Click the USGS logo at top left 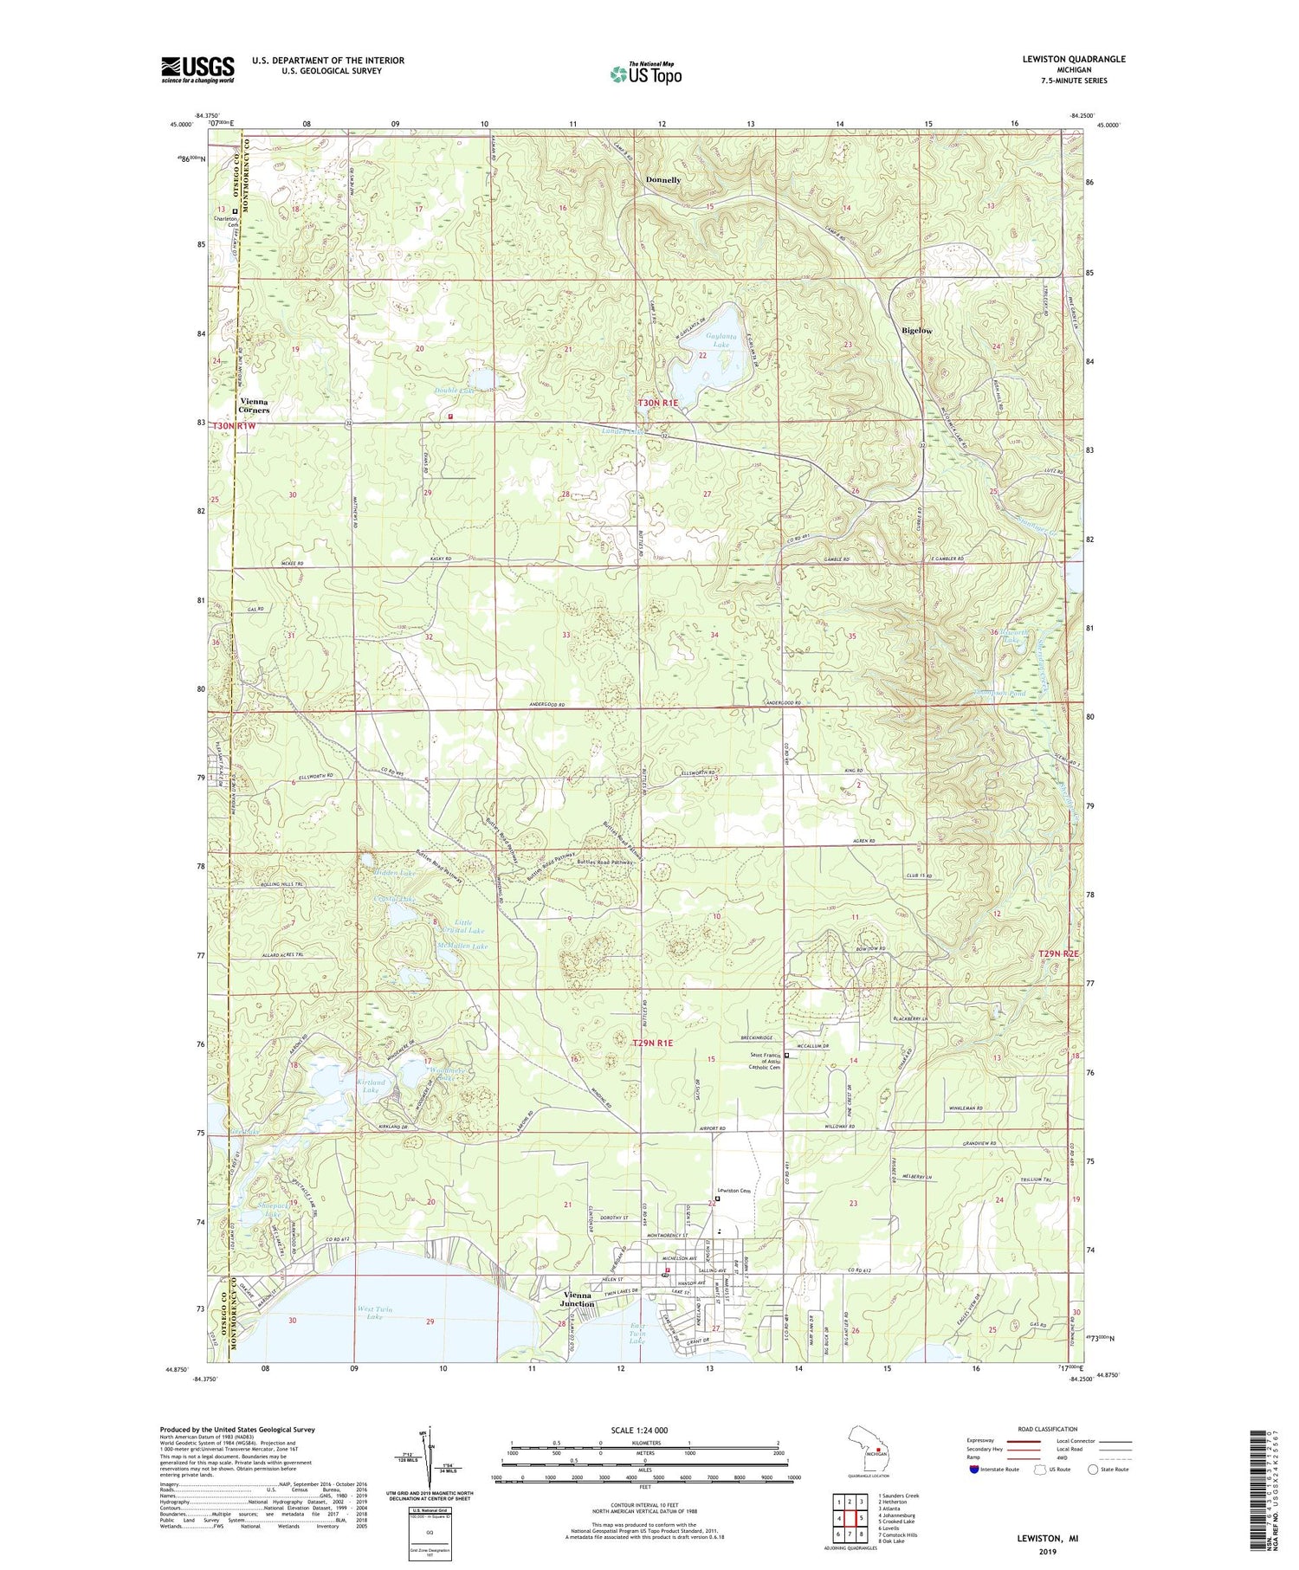[x=197, y=69]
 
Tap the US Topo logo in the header [x=645, y=74]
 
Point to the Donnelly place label [x=663, y=180]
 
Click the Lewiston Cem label [x=733, y=1190]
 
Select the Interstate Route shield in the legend [x=973, y=1469]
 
